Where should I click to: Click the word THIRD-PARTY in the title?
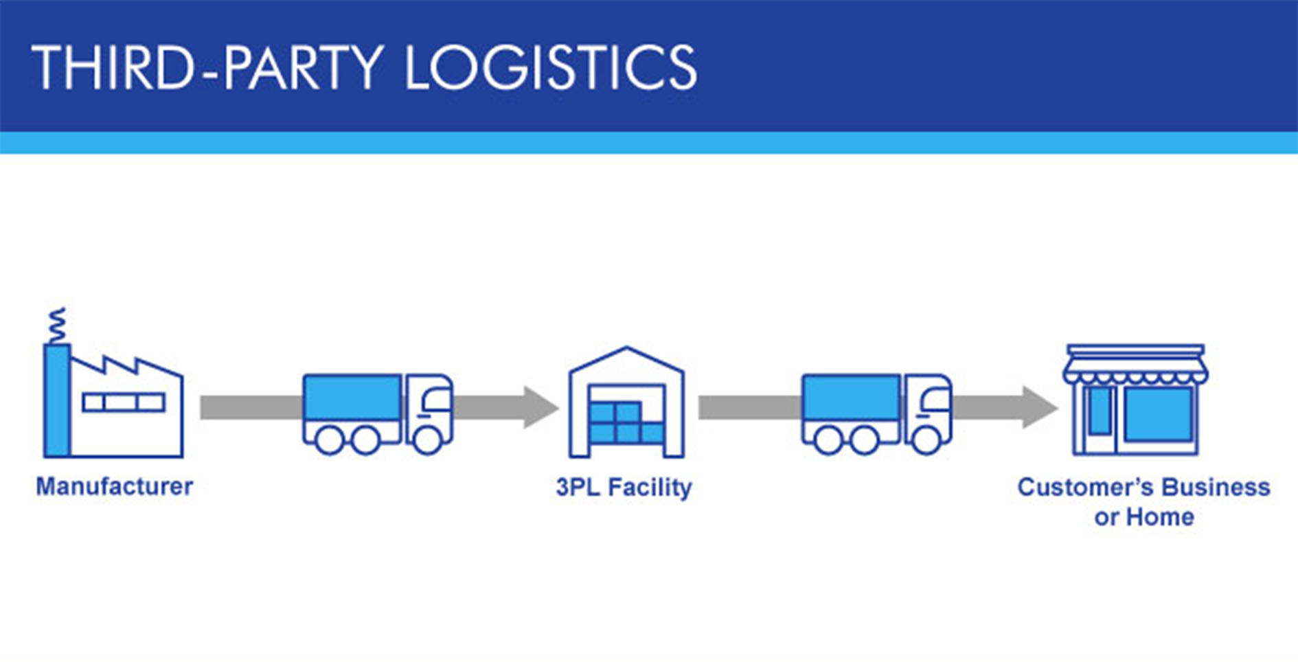206,67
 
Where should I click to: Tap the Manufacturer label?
114,487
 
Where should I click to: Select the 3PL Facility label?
624,488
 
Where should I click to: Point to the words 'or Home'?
1144,517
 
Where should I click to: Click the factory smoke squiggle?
58,325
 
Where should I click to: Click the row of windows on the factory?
124,402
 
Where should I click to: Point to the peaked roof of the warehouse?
626,357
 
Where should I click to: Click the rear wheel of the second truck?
828,441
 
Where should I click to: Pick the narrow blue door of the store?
1099,411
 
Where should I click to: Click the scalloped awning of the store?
1135,375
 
